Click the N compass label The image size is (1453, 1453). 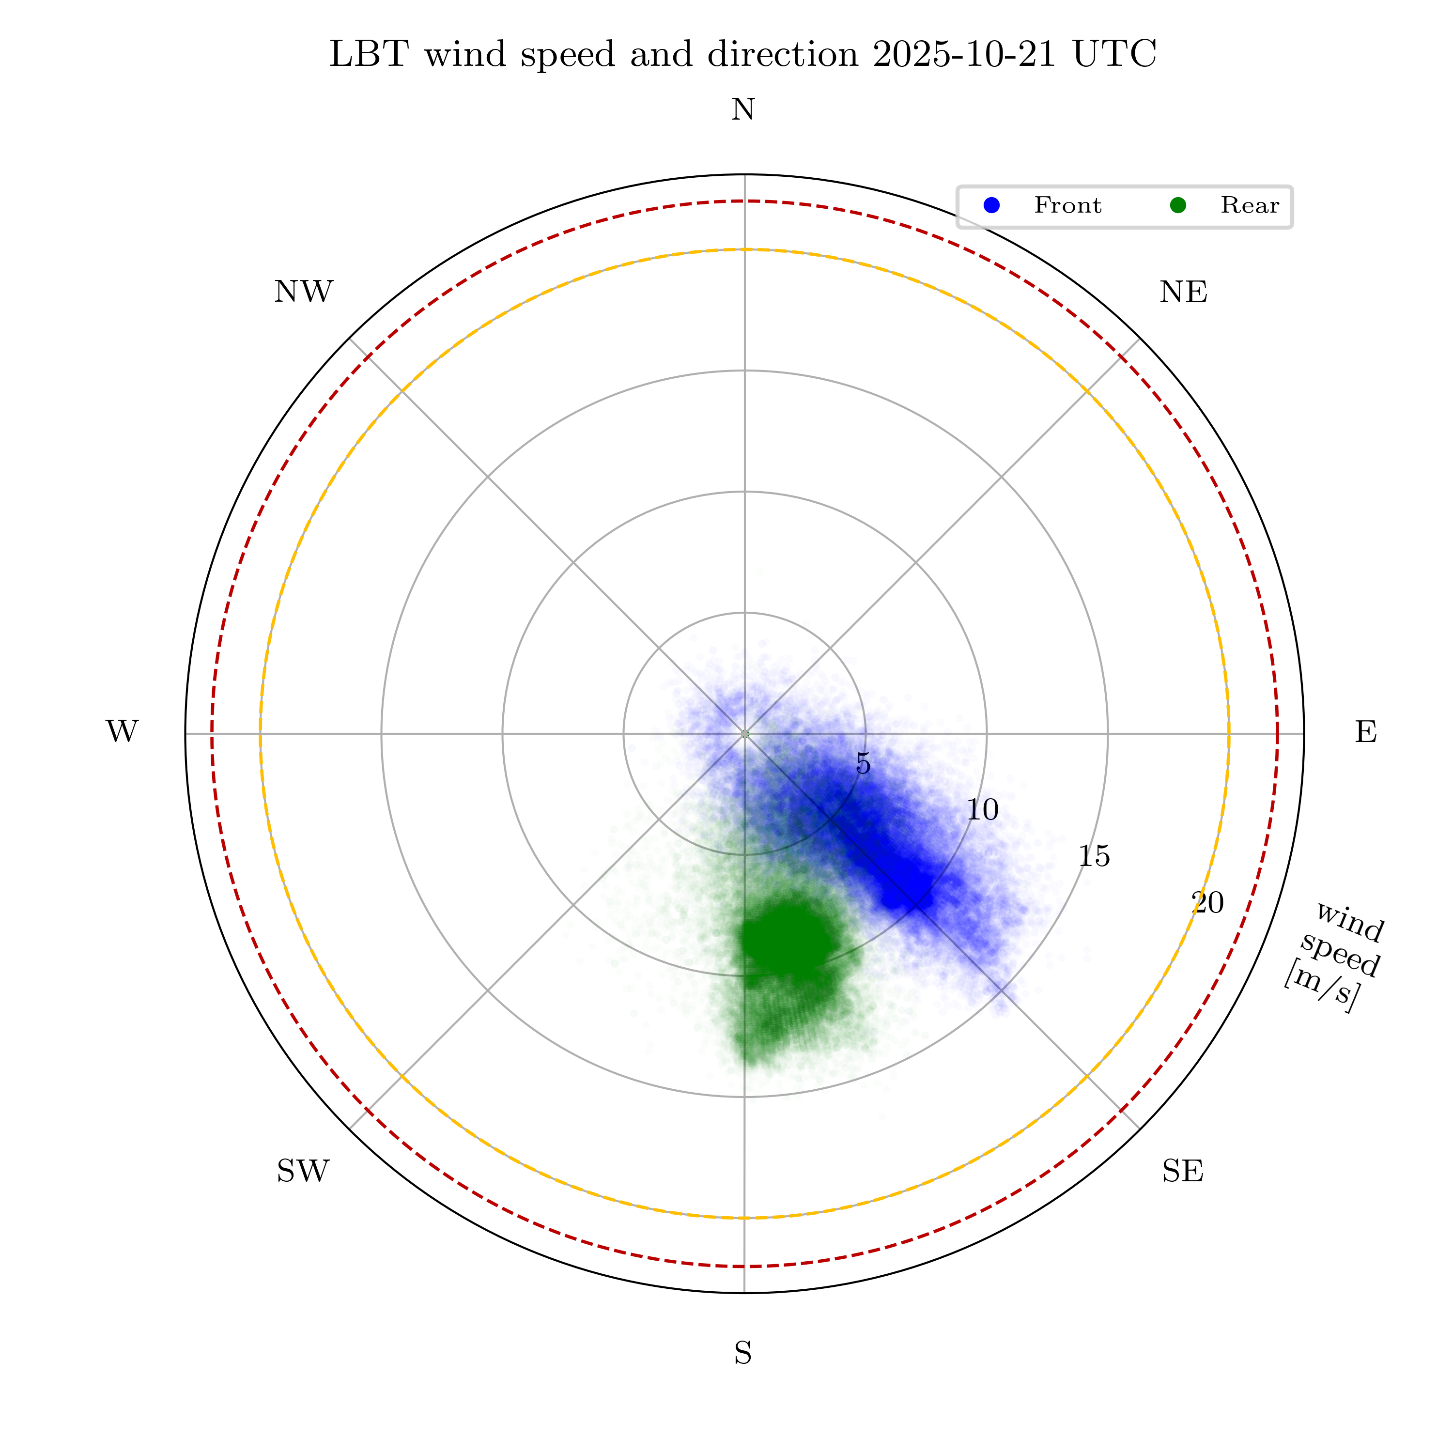(743, 110)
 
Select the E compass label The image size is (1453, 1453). (1366, 732)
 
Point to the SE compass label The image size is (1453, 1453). (1182, 1171)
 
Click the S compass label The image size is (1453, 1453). (742, 1354)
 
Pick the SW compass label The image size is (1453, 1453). (303, 1171)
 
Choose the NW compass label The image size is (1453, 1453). (303, 292)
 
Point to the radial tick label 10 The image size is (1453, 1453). (982, 810)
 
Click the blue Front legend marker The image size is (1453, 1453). (992, 205)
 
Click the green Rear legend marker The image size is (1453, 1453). (1178, 205)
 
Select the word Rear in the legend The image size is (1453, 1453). (1249, 205)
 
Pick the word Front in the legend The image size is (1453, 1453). (1067, 205)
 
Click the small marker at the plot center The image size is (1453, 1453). (744, 733)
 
